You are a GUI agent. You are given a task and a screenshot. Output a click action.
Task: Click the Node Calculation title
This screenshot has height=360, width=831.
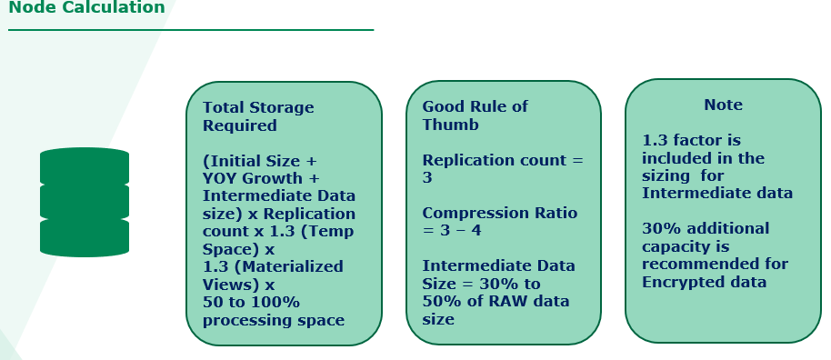coord(87,7)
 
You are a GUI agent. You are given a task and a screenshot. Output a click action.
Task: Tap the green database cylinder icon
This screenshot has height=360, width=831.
coord(85,202)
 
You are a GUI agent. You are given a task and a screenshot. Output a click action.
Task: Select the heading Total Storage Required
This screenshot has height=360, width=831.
coord(258,116)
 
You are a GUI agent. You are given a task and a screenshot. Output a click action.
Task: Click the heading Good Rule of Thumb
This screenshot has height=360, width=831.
coord(475,115)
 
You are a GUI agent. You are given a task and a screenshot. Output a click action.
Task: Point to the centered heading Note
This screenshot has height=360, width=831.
coord(723,105)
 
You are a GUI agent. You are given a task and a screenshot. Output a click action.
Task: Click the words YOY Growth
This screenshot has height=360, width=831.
coord(252,178)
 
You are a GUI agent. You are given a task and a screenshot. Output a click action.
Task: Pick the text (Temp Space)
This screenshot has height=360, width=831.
coord(278,240)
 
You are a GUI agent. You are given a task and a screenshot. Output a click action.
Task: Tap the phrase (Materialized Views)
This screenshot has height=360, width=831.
coord(273,275)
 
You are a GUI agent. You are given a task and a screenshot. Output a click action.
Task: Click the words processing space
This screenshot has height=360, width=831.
coord(274,320)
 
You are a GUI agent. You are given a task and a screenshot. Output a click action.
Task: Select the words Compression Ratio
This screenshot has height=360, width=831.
coord(500,213)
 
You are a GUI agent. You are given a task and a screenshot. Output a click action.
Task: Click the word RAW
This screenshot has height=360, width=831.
coord(514,301)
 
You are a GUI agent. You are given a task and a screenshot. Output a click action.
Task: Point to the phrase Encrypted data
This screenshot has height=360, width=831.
coord(705,282)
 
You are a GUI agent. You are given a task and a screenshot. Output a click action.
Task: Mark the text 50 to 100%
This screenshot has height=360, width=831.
coord(251,302)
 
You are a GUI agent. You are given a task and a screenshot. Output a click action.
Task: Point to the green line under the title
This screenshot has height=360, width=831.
coord(191,30)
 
